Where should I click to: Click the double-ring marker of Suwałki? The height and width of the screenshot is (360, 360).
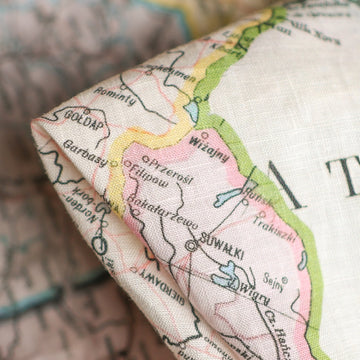pyautogui.click(x=191, y=243)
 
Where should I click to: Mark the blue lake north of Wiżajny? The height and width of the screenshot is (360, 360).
pyautogui.click(x=191, y=110)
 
